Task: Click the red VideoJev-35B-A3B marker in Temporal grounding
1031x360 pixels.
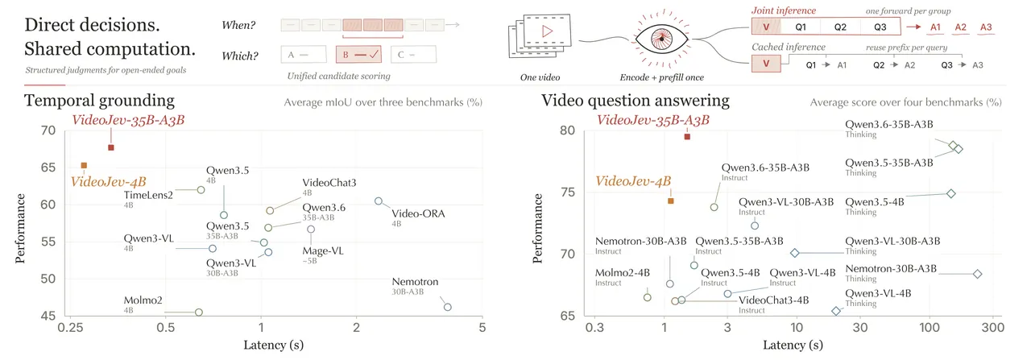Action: pyautogui.click(x=111, y=147)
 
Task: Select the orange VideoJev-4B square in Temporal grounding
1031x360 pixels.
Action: pyautogui.click(x=84, y=165)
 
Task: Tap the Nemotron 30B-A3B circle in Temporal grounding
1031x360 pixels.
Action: pyautogui.click(x=447, y=307)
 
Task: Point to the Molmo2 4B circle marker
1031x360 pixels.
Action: pyautogui.click(x=199, y=312)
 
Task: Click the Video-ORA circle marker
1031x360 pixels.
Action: pyautogui.click(x=379, y=201)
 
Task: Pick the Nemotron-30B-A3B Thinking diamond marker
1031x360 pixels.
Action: pyautogui.click(x=978, y=274)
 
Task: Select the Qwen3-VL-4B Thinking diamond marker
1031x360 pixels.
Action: pyautogui.click(x=836, y=311)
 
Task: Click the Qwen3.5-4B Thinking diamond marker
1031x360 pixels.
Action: pyautogui.click(x=951, y=194)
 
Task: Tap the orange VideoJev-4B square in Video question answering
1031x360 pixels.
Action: pyautogui.click(x=671, y=201)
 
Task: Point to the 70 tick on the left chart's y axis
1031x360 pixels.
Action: pyautogui.click(x=48, y=130)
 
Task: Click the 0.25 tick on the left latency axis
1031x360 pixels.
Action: pyautogui.click(x=70, y=327)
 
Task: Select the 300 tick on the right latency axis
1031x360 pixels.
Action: pyautogui.click(x=993, y=327)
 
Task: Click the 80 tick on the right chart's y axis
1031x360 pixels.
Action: pyautogui.click(x=568, y=130)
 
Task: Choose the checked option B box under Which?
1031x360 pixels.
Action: pyautogui.click(x=358, y=54)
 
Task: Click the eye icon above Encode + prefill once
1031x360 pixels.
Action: pyautogui.click(x=661, y=39)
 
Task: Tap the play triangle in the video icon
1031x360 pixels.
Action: pyautogui.click(x=547, y=31)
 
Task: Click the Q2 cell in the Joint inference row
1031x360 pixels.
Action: pyautogui.click(x=840, y=27)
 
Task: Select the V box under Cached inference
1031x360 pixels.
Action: pyautogui.click(x=766, y=64)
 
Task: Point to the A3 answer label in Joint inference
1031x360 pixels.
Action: pyautogui.click(x=986, y=27)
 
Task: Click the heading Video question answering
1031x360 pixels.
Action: pyautogui.click(x=636, y=101)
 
